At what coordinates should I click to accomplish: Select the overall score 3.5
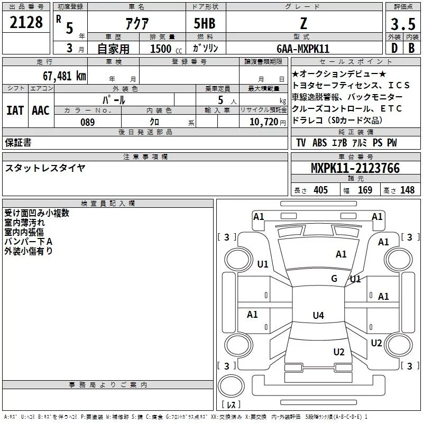[x=402, y=25]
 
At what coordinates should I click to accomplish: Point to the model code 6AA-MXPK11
[x=303, y=49]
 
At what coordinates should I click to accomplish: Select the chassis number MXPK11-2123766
[x=355, y=169]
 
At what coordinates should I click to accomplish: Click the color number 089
[x=87, y=122]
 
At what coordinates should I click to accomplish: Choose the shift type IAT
[x=15, y=110]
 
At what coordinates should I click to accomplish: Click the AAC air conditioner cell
[x=41, y=110]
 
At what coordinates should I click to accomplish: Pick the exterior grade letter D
[x=394, y=49]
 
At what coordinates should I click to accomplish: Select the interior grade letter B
[x=411, y=49]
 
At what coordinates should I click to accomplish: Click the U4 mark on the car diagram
[x=318, y=316]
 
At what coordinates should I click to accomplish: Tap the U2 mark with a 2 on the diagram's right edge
[x=376, y=343]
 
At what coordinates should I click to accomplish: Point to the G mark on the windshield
[x=334, y=279]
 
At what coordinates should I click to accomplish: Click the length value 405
[x=320, y=190]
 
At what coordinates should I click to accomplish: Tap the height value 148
[x=407, y=190]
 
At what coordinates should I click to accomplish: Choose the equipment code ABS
[x=320, y=143]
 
